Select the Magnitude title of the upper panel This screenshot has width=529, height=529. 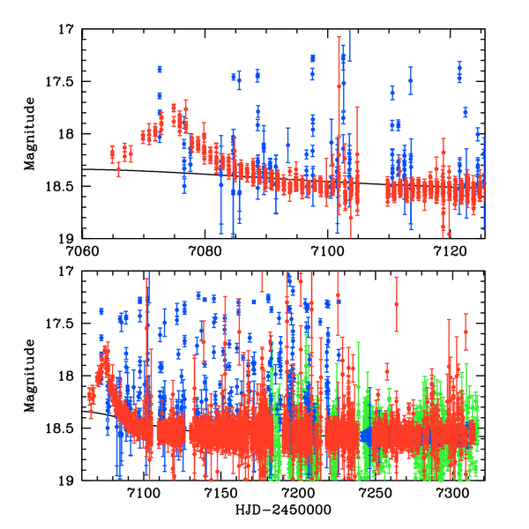click(x=30, y=133)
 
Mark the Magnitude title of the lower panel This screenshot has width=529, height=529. click(x=30, y=376)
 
